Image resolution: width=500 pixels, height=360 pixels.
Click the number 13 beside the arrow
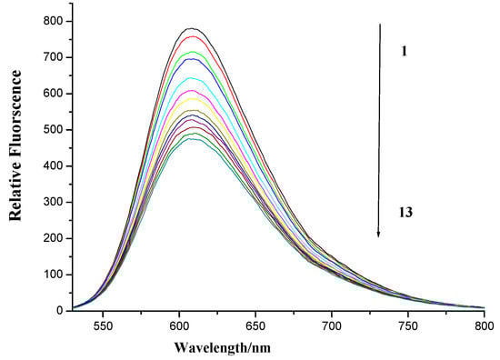click(x=406, y=210)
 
